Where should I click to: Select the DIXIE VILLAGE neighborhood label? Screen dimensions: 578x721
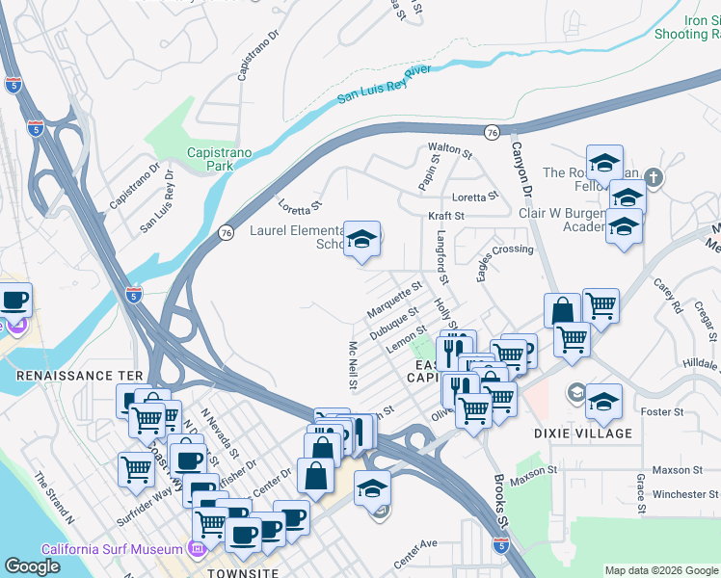point(583,433)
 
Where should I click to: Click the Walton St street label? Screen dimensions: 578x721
point(450,151)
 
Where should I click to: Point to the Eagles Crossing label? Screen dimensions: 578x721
point(504,249)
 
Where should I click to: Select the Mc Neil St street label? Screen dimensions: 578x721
point(354,364)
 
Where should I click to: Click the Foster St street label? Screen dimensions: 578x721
point(662,411)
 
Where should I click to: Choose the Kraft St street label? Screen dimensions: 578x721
point(447,215)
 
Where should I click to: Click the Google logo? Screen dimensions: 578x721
point(33,566)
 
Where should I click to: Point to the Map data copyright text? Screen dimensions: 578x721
point(661,570)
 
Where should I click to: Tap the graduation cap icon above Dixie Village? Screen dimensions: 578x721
point(604,400)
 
